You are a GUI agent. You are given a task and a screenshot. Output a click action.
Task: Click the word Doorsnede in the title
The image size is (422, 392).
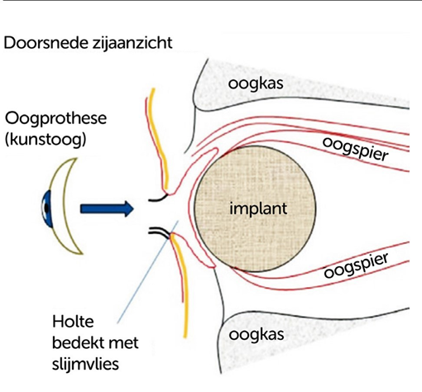click(42, 42)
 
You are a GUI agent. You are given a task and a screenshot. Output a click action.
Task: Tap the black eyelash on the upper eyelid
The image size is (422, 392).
click(158, 198)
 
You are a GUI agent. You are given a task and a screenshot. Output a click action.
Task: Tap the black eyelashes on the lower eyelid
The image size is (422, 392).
click(162, 233)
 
